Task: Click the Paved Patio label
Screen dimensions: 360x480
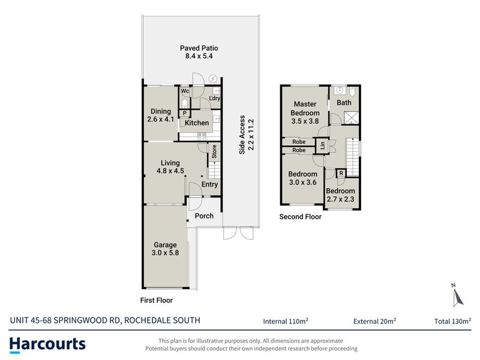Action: [x=199, y=52]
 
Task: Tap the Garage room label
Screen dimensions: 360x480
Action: [x=165, y=249]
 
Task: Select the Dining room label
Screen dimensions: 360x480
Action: [x=160, y=115]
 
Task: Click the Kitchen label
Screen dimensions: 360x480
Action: [x=197, y=123]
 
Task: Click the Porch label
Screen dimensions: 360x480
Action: [x=205, y=216]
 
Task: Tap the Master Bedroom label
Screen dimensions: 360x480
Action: [x=304, y=112]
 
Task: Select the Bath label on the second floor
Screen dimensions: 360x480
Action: [x=344, y=103]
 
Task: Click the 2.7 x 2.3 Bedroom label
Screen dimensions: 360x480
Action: [x=340, y=195]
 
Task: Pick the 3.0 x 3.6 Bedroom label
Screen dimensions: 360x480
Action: [x=303, y=178]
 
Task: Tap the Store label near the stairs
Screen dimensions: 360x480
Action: [x=213, y=152]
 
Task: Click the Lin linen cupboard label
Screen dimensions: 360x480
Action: [x=322, y=145]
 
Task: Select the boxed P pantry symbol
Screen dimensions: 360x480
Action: [x=185, y=113]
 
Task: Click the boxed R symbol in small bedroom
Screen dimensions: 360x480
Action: [x=341, y=173]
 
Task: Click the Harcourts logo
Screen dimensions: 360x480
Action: [x=47, y=344]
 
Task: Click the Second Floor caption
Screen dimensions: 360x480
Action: [x=300, y=217]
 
